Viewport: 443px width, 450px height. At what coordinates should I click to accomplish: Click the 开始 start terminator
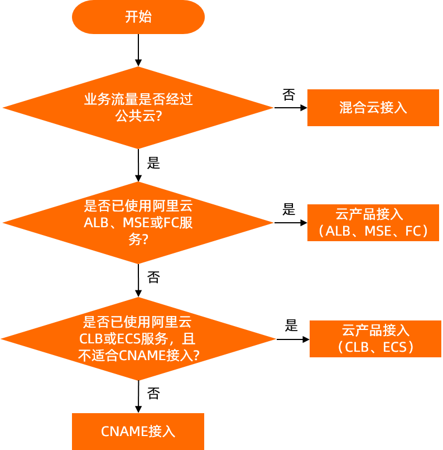pos(138,17)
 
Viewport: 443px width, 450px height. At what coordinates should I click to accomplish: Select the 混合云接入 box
pos(373,108)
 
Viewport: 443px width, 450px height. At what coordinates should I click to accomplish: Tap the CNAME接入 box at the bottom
pos(138,432)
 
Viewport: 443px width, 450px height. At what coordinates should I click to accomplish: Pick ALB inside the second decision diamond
pos(94,223)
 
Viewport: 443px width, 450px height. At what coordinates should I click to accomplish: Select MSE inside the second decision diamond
pos(134,223)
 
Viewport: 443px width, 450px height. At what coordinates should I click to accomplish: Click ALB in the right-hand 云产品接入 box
pos(338,231)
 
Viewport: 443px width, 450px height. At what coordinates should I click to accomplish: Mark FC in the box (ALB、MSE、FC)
pos(413,231)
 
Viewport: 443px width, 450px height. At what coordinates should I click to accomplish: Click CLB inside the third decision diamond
pos(91,339)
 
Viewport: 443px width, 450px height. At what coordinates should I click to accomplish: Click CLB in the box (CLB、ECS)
pos(358,347)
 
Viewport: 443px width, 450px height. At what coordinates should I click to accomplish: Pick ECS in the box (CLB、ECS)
pos(397,347)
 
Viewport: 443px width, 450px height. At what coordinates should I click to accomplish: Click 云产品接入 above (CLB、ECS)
pos(375,330)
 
